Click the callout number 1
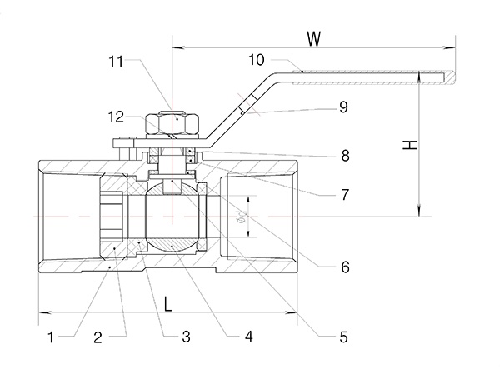coord(51,337)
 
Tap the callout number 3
coord(186,337)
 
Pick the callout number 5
coord(343,337)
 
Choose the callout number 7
coord(343,196)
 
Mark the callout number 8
coord(343,155)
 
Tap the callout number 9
coord(343,107)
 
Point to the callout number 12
coord(117,116)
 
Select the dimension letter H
coord(408,145)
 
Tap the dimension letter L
coord(167,304)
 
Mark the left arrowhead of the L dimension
coord(42,312)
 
